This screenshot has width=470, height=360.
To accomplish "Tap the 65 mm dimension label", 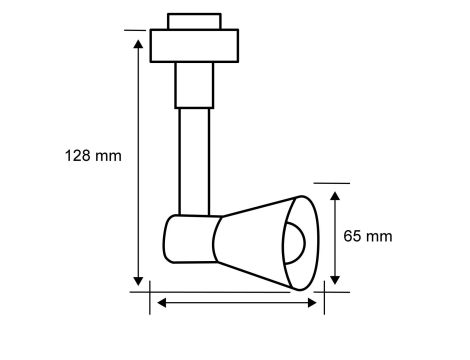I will pos(367,237).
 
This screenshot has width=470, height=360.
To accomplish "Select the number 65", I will pos(353,237).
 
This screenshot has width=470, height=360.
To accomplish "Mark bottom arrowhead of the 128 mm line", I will pos(137,281).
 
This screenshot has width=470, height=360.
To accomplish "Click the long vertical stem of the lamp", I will pos(193,160).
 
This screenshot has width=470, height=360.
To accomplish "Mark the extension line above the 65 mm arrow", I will pos(332,183).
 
